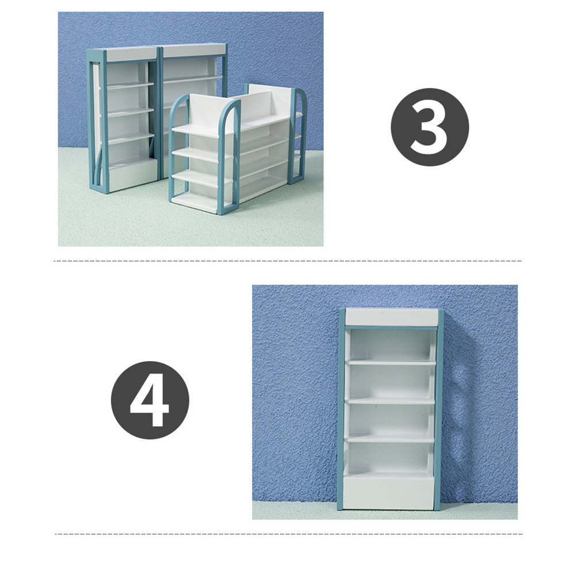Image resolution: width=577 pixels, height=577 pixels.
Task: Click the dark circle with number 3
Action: [430, 127]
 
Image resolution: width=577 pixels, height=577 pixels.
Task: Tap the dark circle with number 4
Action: [150, 400]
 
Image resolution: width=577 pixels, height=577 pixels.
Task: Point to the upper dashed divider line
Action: [288, 261]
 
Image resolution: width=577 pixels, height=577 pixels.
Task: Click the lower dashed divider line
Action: [289, 534]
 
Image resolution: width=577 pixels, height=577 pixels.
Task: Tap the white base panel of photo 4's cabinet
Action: [389, 492]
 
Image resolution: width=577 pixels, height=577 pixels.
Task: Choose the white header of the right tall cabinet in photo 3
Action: [194, 51]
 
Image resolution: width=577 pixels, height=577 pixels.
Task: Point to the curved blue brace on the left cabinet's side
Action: [97, 169]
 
